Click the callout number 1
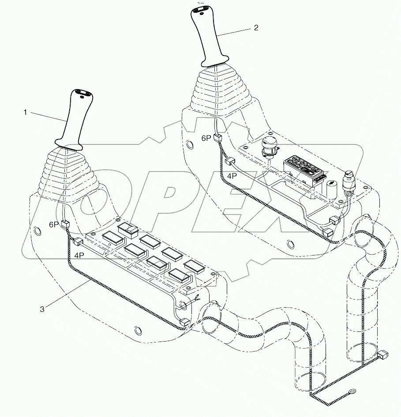(26, 113)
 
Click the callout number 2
(256, 27)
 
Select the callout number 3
(42, 309)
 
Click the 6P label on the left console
(53, 225)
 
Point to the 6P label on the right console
(206, 138)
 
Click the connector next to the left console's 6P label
(65, 224)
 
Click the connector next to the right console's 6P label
(217, 138)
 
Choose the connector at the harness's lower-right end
(383, 354)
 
